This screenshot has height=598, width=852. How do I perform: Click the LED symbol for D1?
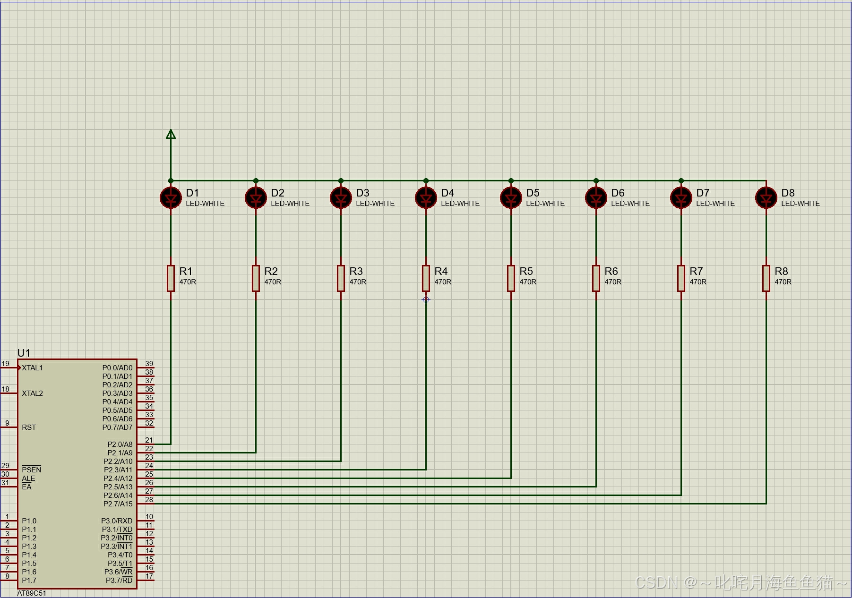click(x=171, y=198)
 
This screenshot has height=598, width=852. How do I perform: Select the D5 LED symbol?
click(x=511, y=198)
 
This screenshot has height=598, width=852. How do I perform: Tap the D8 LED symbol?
click(x=766, y=198)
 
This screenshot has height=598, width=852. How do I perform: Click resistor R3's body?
click(x=341, y=278)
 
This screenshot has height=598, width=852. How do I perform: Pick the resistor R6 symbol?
click(x=596, y=278)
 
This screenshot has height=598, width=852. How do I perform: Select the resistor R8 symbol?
click(x=766, y=278)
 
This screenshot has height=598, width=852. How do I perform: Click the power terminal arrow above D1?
click(x=171, y=135)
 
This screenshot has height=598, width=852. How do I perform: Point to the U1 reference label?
click(x=24, y=353)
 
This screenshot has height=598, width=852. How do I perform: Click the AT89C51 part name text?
click(x=32, y=593)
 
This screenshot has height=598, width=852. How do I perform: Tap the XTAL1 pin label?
click(x=32, y=368)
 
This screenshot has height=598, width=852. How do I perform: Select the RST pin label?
click(x=29, y=427)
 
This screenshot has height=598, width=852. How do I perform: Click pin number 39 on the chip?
click(x=149, y=364)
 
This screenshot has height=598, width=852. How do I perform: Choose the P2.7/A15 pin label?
click(x=118, y=504)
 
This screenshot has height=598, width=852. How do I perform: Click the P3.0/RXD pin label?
click(x=117, y=521)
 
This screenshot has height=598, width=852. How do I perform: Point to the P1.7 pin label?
click(x=29, y=581)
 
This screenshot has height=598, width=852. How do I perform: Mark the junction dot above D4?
click(x=426, y=180)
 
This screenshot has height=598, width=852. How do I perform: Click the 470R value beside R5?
click(x=528, y=282)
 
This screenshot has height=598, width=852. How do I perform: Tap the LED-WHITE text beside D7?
click(x=715, y=204)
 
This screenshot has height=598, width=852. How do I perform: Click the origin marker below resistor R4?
click(x=426, y=299)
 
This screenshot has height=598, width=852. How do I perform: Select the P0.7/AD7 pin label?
click(x=118, y=427)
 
